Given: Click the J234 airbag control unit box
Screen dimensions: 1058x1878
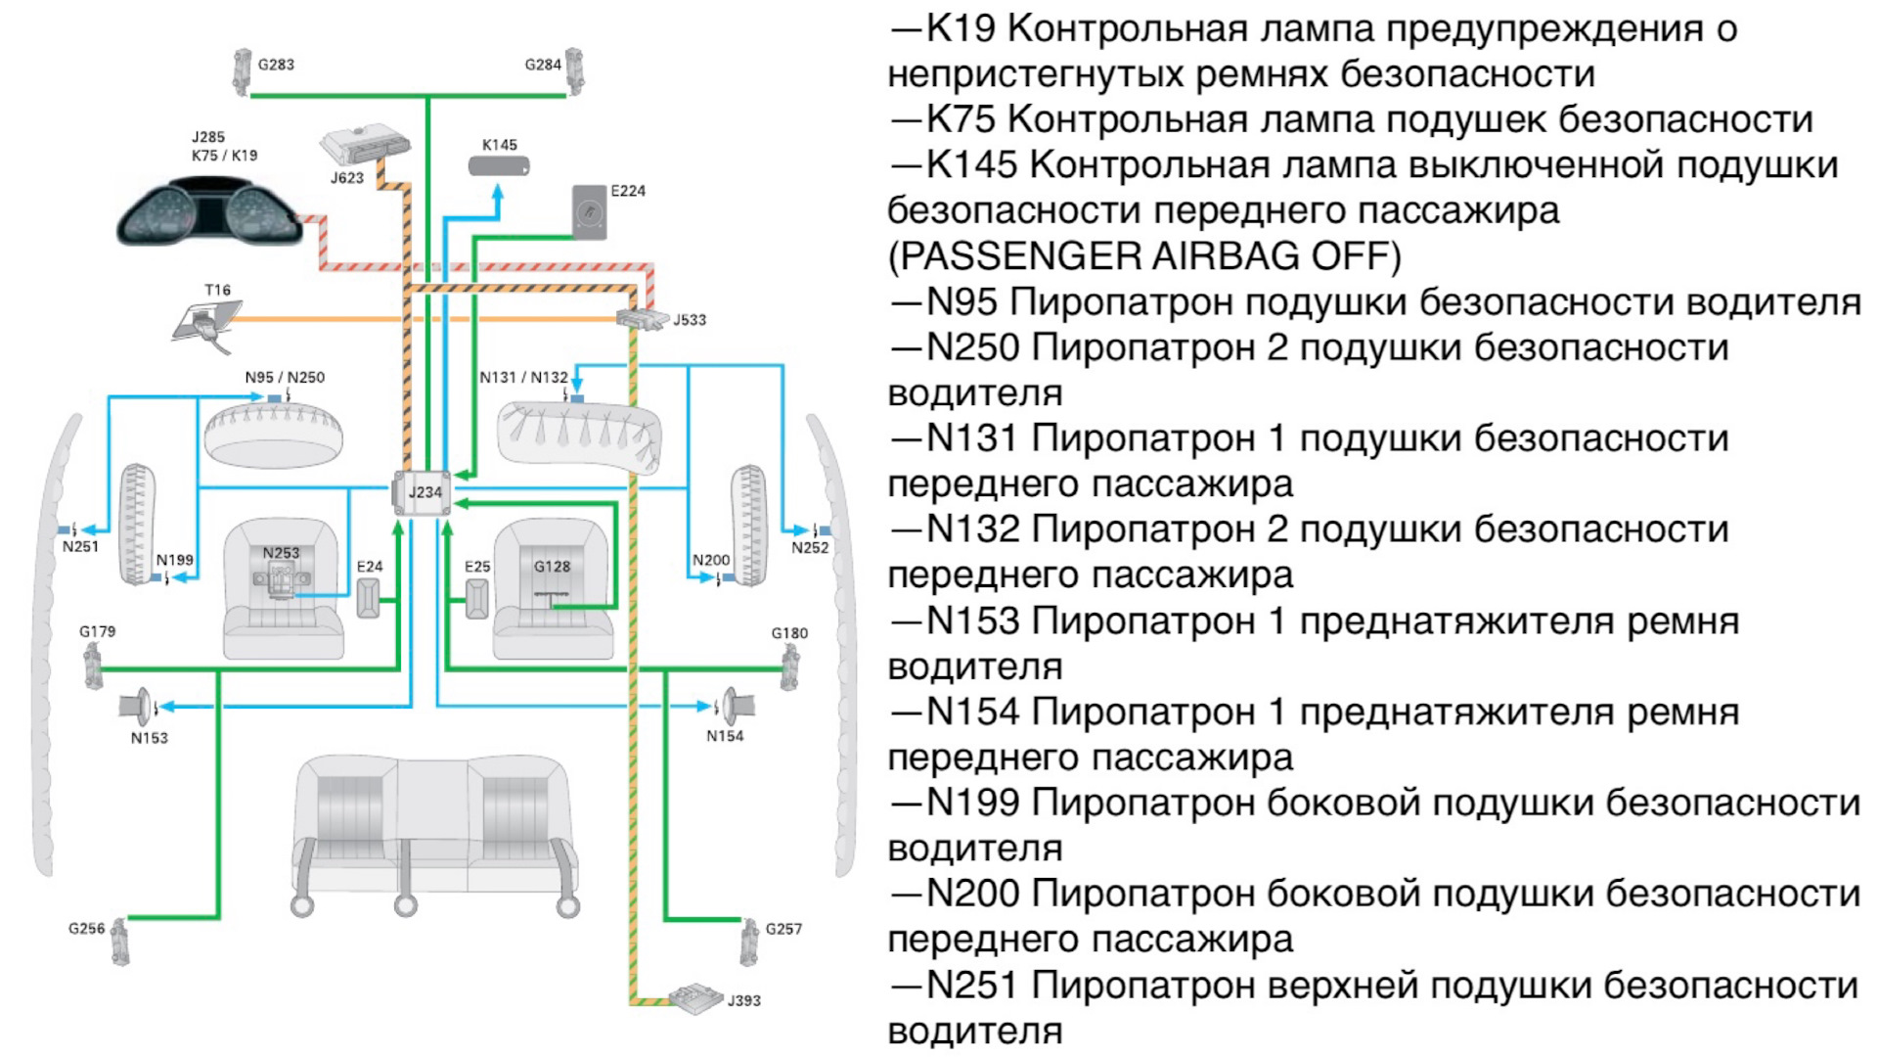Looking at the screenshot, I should coord(423,492).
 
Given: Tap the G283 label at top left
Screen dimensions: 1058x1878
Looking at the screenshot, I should coord(276,65).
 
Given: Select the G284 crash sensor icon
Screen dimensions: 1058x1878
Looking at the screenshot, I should coord(574,70).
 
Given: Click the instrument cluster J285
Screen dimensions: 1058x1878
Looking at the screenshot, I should coord(207,211).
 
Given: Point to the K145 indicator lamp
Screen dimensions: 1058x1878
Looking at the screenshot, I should coord(499,166).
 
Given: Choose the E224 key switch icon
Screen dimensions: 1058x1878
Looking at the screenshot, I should coord(589,212).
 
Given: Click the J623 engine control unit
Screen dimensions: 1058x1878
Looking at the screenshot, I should coord(363,145).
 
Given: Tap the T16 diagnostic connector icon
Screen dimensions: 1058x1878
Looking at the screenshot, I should coord(207,321).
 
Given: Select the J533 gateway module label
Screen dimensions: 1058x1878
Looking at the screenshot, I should coord(689,320).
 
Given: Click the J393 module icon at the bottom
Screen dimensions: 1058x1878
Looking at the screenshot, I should coord(696,997).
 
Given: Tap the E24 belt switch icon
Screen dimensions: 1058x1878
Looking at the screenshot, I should coord(368,598).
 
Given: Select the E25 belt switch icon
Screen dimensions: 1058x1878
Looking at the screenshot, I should coord(476,598).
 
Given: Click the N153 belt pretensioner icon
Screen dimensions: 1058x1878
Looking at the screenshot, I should coord(137,706).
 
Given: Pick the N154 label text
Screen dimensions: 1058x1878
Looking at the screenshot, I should coord(725,736).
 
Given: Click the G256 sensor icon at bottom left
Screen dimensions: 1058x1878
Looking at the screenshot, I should coord(120,940).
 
